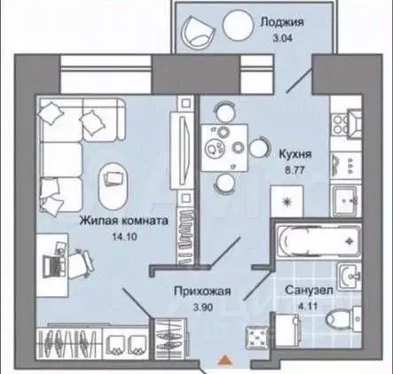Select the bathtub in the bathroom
pos(315,238)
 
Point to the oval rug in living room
pos(114,176)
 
